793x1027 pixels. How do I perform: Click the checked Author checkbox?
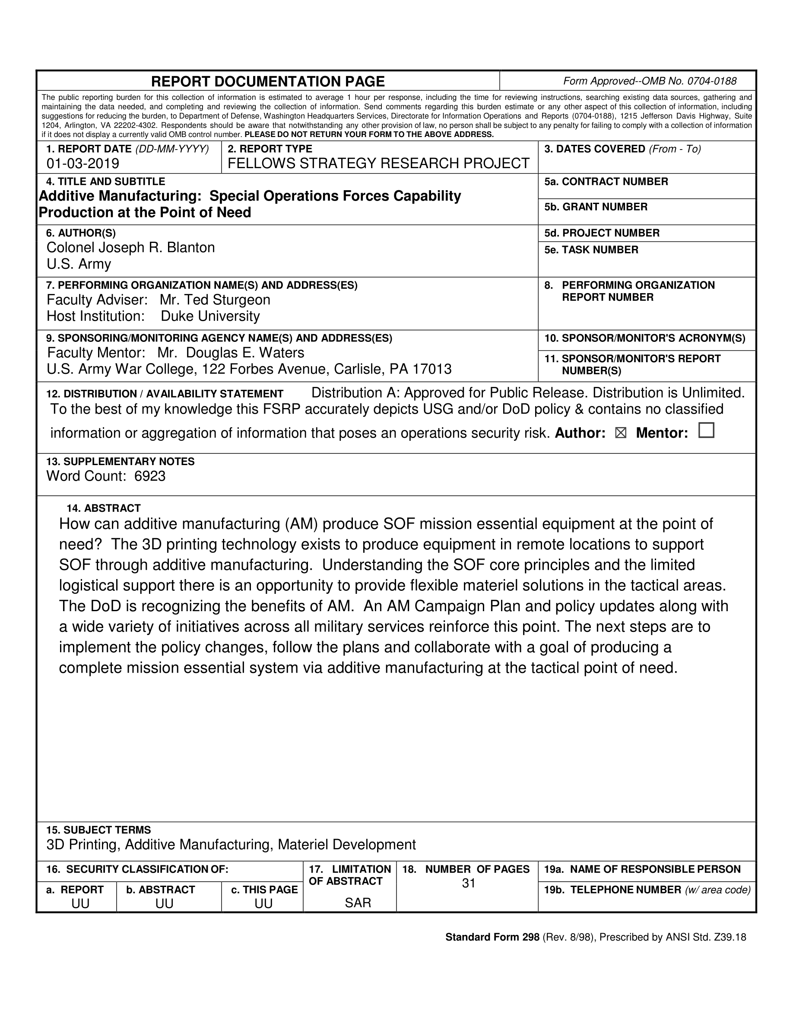coord(620,433)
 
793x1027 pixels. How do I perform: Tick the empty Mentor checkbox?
coord(706,430)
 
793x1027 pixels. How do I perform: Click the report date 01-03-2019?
coord(82,163)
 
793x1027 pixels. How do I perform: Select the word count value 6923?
coord(150,476)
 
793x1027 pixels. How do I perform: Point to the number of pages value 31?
coord(468,883)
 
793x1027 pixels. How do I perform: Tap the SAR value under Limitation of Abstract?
coord(358,903)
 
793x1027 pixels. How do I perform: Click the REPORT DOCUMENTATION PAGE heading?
coord(268,82)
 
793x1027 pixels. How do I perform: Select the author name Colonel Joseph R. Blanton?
coord(130,247)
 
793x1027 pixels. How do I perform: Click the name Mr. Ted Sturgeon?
coord(215,300)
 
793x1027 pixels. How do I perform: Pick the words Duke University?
coord(210,316)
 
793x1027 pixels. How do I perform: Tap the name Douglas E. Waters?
coord(245,353)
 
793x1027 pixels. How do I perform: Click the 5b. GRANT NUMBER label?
coord(596,207)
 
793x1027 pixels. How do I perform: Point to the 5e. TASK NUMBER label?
coord(591,250)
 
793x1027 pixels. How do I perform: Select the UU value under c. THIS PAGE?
coord(263,903)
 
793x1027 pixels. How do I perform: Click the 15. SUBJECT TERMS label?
coord(98,830)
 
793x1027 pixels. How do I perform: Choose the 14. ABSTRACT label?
coord(103,508)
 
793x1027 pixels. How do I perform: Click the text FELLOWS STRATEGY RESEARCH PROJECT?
coord(379,163)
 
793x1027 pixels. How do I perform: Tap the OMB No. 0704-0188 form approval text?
coord(650,81)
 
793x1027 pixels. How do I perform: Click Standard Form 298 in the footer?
coord(492,937)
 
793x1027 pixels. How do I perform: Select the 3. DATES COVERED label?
coord(594,149)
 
